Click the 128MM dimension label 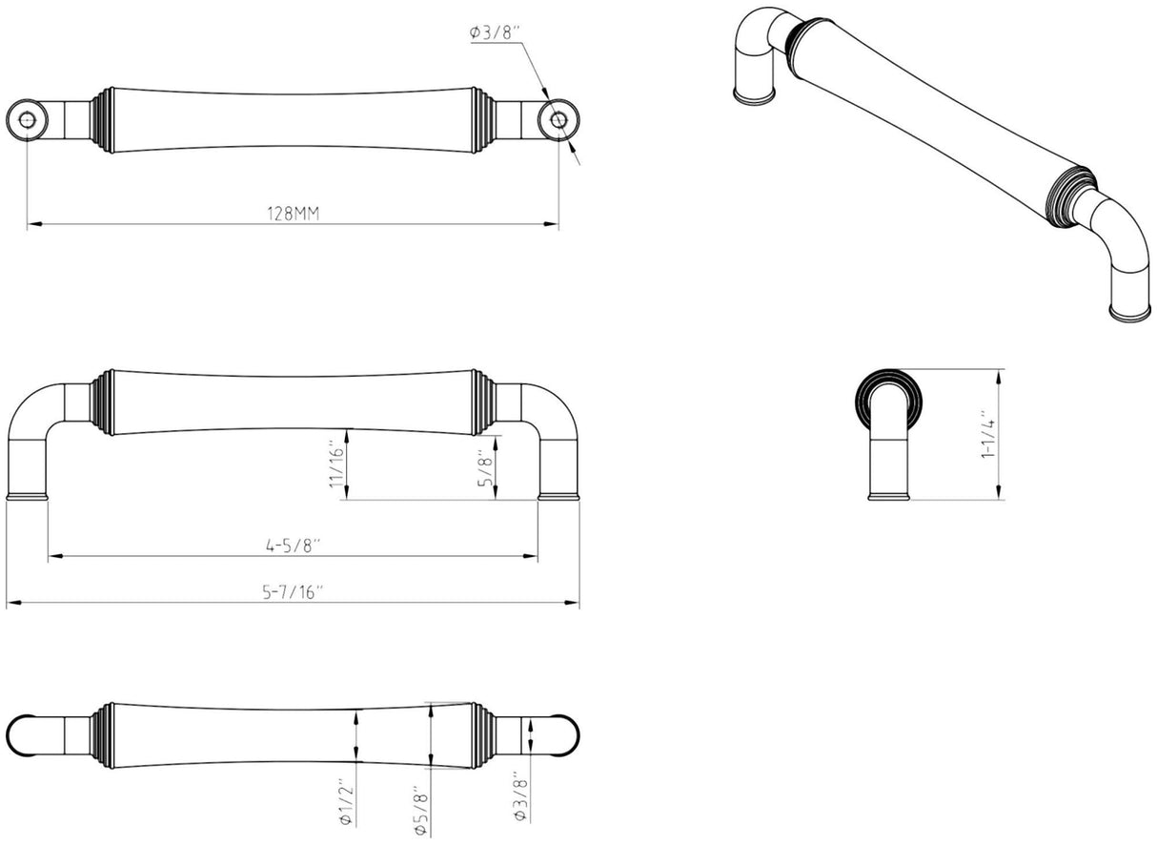pyautogui.click(x=294, y=213)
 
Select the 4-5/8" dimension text pyautogui.click(x=293, y=546)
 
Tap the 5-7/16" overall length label pyautogui.click(x=292, y=592)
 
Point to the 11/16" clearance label pyautogui.click(x=336, y=464)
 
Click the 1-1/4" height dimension pyautogui.click(x=987, y=435)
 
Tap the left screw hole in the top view pyautogui.click(x=27, y=120)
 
